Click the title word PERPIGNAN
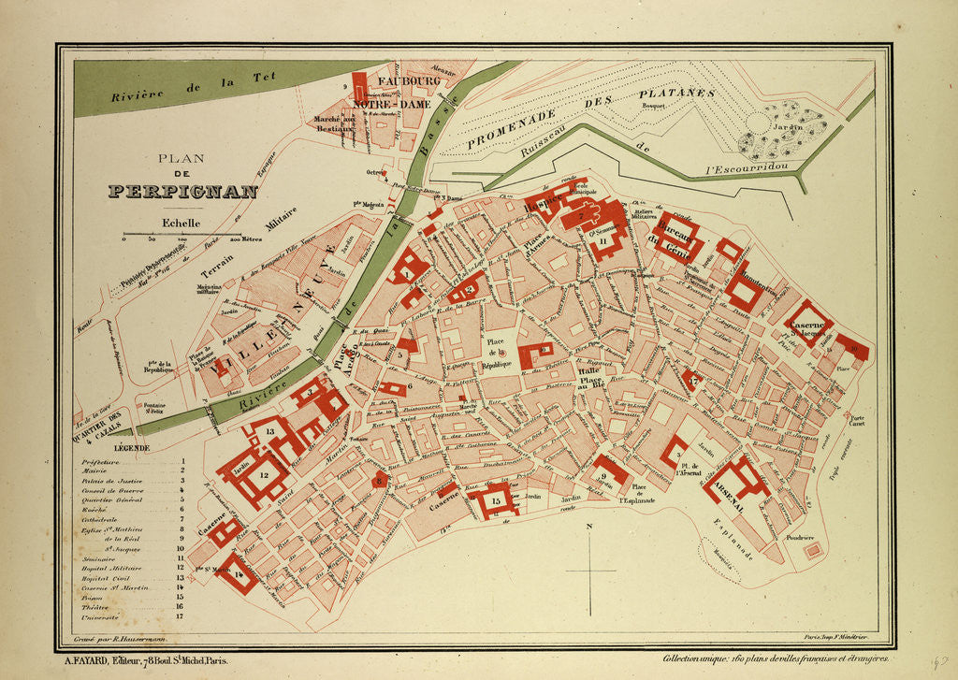[182, 191]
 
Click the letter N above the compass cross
[590, 528]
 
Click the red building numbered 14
[238, 574]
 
